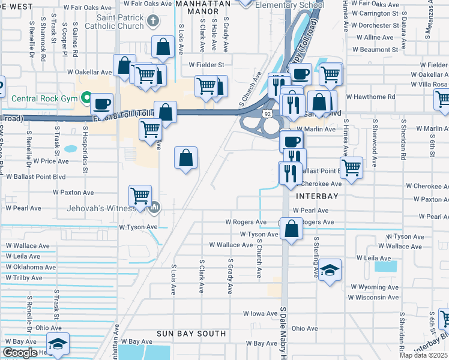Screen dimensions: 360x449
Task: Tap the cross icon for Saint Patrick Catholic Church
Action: coord(153,21)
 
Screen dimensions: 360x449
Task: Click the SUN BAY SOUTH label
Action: coord(191,333)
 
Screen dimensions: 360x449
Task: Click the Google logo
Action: coord(20,353)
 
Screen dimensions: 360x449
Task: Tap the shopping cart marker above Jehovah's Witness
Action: coord(140,194)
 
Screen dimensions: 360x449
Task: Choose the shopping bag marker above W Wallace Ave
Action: coord(291,229)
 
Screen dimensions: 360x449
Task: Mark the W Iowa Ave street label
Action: coord(260,314)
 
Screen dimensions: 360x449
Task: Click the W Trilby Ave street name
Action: coord(24,278)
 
